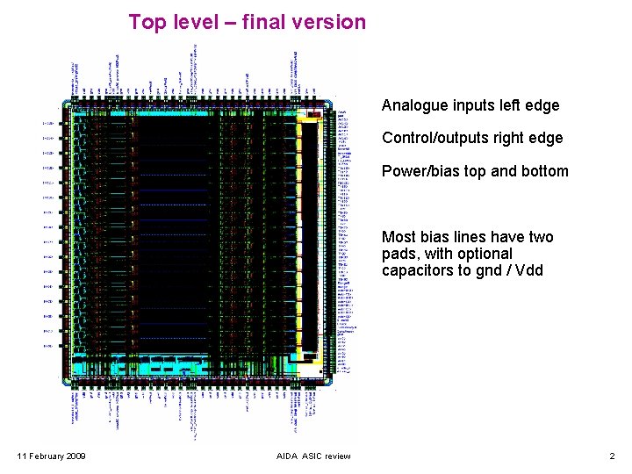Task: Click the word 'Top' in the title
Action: [147, 22]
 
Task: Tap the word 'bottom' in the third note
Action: [545, 171]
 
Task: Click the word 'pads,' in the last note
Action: [400, 254]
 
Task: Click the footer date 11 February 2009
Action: [52, 456]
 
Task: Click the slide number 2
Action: [612, 456]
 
